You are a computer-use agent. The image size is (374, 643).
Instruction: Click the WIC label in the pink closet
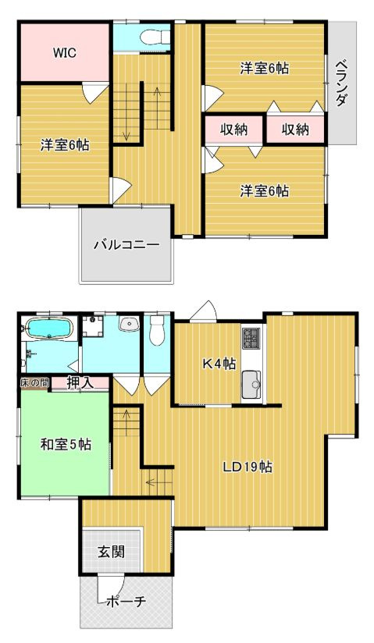[64, 54]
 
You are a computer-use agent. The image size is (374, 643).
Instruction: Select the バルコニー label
[126, 244]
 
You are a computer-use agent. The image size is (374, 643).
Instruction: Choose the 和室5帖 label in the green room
[66, 445]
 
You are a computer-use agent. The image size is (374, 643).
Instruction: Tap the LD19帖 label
[247, 467]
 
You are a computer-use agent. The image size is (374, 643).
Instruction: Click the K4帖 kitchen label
[219, 363]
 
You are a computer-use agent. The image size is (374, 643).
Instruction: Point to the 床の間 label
[35, 382]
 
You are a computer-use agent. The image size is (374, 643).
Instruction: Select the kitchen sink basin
[251, 385]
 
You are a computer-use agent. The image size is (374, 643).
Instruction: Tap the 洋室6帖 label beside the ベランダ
[264, 68]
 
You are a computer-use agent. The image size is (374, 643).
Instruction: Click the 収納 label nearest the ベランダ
[295, 130]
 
